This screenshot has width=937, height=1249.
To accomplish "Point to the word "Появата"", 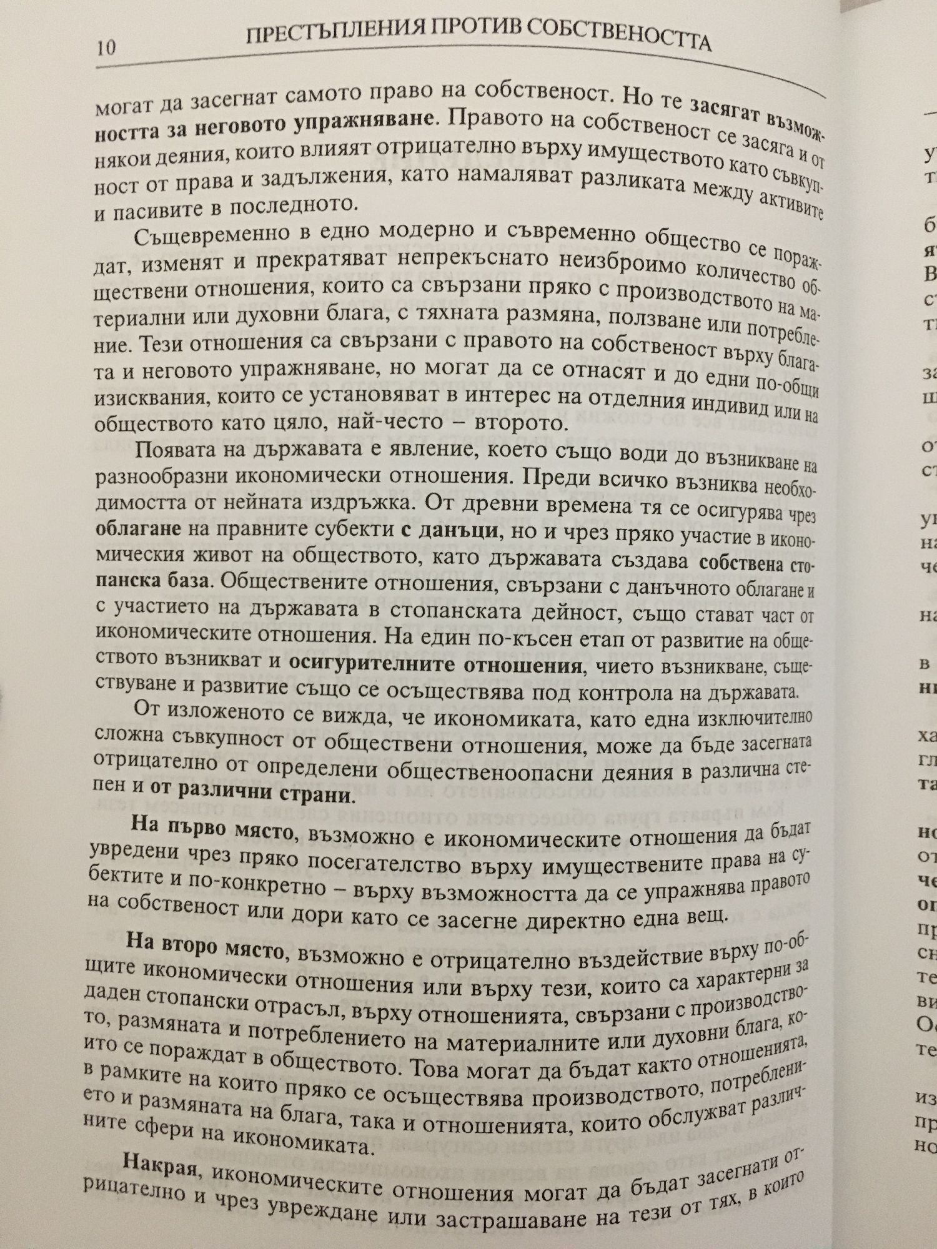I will (169, 453).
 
